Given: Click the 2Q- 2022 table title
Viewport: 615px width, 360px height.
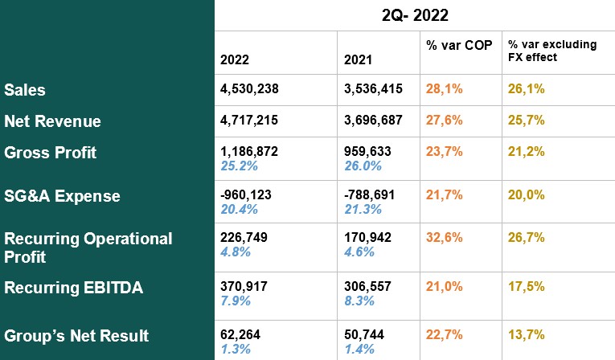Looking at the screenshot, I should [414, 14].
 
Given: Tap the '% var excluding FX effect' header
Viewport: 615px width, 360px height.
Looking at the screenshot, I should [551, 51].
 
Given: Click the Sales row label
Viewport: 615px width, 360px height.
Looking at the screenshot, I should [25, 90].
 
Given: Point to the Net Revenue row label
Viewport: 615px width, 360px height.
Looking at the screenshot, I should [52, 121].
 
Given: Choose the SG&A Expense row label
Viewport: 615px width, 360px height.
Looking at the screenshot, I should [62, 196].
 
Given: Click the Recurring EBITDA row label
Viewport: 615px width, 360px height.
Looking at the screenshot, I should [74, 288].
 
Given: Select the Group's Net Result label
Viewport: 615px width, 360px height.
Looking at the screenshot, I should [76, 336].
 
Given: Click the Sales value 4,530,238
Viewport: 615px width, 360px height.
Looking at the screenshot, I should [254, 90].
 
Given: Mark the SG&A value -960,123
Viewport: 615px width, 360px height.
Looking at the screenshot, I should [252, 196].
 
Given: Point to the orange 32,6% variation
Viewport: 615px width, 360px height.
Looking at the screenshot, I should [445, 238].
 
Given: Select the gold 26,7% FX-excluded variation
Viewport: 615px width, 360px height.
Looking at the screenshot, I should [527, 238].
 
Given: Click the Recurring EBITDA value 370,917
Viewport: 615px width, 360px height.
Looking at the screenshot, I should [246, 288].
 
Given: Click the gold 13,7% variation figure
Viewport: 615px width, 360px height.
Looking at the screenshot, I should [527, 334].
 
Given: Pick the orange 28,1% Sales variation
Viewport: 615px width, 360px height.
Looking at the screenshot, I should [445, 90].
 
